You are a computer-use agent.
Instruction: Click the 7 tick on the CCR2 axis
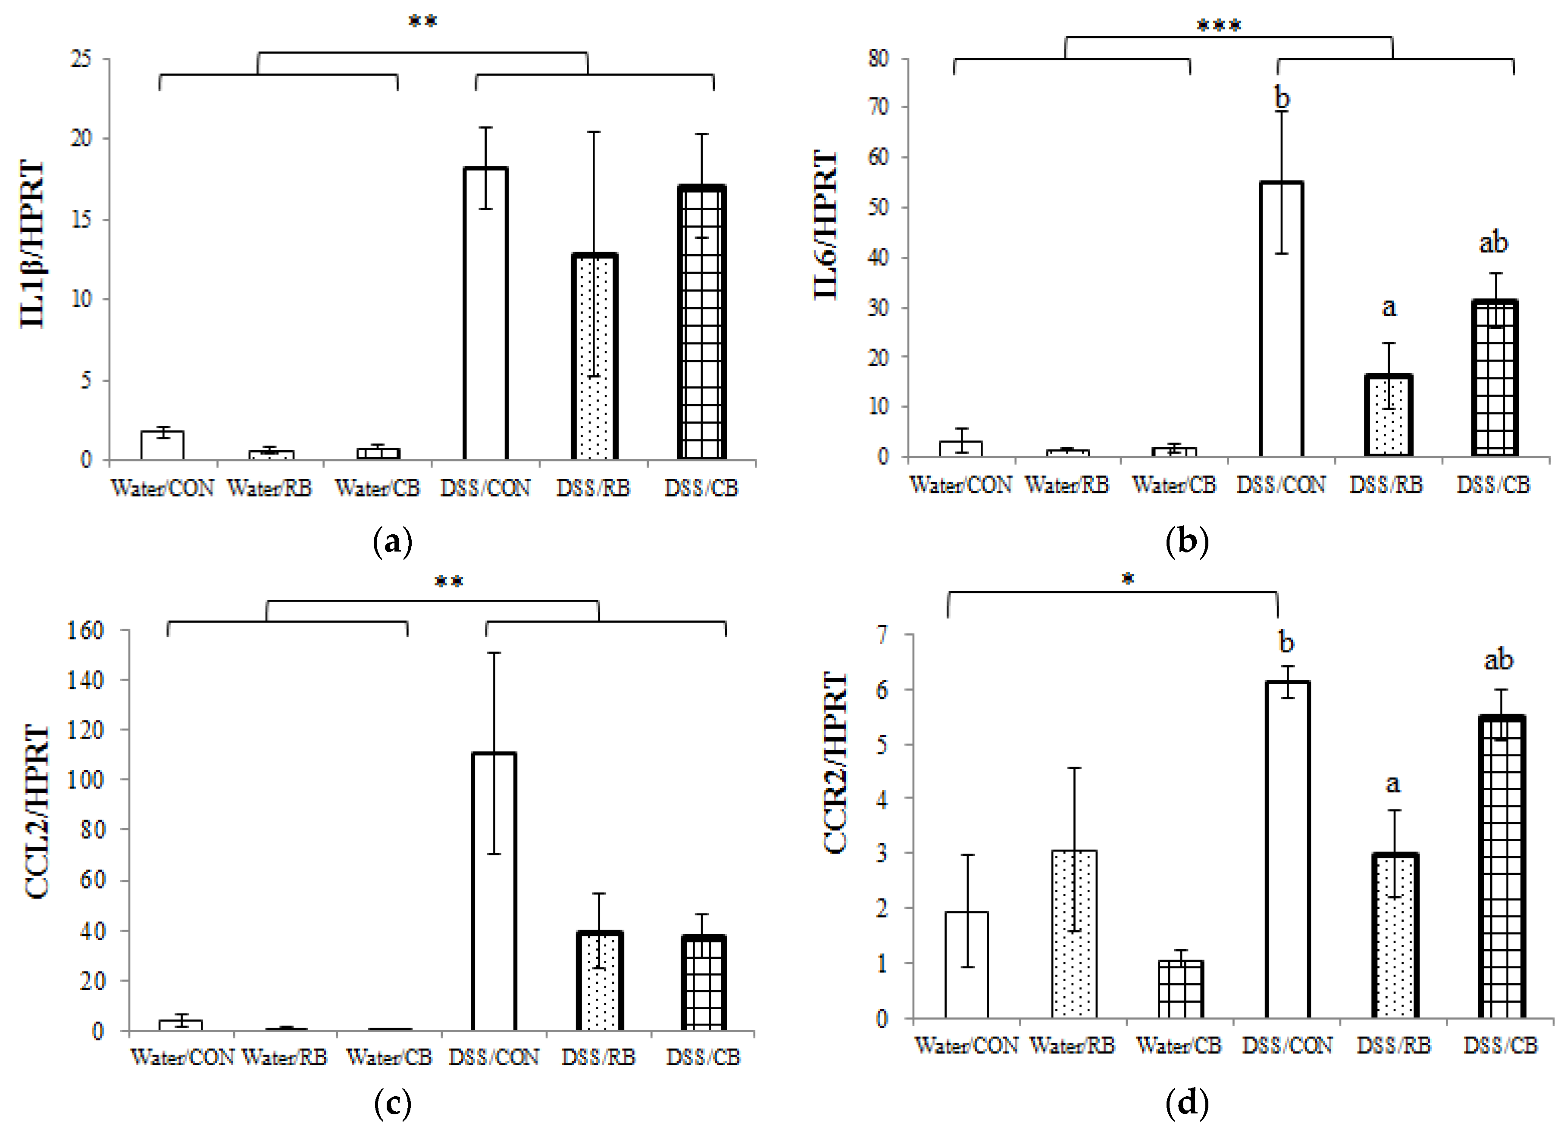(x=882, y=634)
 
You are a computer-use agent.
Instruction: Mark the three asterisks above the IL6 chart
(x=1219, y=26)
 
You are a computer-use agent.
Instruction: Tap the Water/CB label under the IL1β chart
(x=377, y=488)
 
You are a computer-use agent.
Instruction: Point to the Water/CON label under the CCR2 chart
(x=966, y=1046)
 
